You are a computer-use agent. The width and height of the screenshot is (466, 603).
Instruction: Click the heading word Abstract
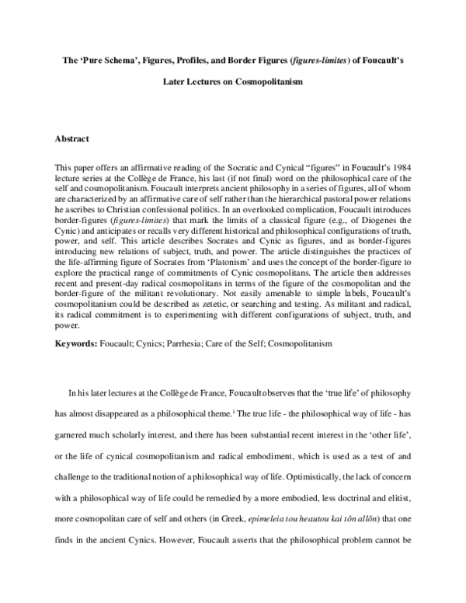pos(72,139)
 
